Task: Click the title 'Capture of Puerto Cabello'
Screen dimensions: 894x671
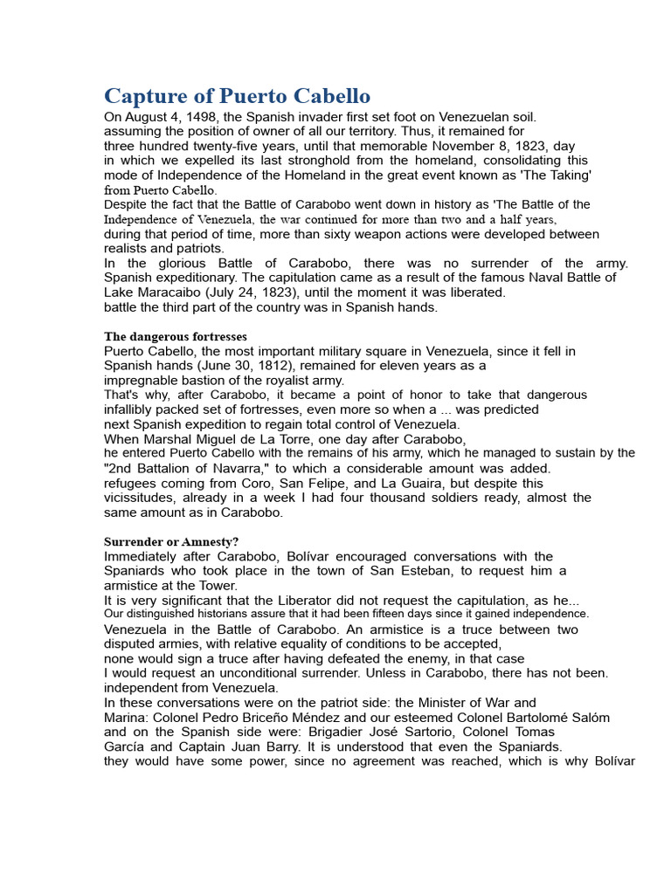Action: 237,96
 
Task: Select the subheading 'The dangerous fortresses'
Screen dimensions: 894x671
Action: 175,336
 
